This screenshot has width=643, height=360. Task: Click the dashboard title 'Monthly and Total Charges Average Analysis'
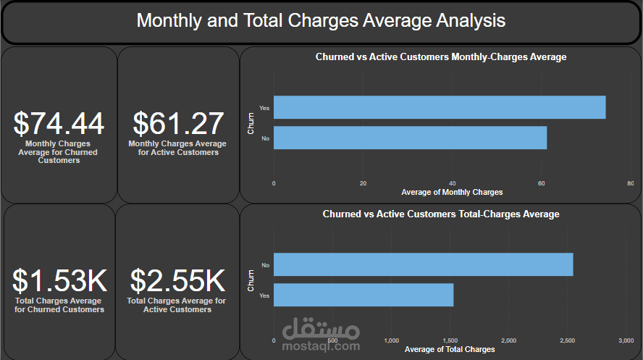[321, 20]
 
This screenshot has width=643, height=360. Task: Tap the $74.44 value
[59, 124]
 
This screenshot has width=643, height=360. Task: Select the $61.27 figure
[177, 124]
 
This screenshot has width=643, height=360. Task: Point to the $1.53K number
[59, 281]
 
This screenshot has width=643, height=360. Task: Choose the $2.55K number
[177, 281]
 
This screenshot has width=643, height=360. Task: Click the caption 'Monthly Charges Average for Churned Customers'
[59, 152]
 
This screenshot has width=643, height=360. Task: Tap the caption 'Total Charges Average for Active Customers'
[177, 305]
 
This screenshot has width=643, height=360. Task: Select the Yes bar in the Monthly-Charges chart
[440, 107]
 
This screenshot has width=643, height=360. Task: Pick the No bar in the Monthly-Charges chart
[410, 138]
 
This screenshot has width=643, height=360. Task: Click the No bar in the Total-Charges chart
[423, 264]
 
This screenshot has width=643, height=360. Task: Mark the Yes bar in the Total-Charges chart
[363, 295]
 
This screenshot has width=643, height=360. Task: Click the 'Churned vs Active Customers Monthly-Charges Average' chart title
[441, 56]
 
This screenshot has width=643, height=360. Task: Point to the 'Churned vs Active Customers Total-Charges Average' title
[441, 214]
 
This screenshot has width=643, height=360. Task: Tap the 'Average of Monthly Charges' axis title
[452, 192]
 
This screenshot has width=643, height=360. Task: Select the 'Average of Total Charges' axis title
[450, 350]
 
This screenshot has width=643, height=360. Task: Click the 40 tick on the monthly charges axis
[452, 183]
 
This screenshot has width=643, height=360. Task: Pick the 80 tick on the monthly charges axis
[630, 183]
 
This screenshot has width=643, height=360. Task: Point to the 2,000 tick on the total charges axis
[509, 340]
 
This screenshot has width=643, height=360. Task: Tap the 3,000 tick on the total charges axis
[626, 340]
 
